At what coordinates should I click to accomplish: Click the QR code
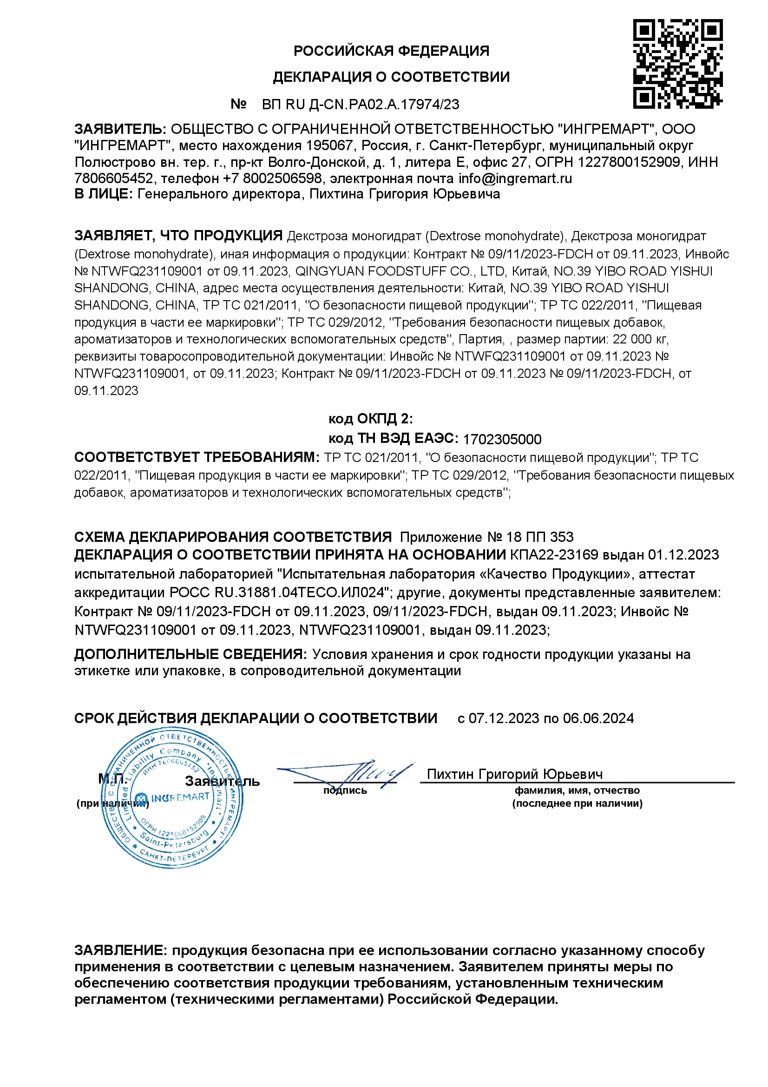677,64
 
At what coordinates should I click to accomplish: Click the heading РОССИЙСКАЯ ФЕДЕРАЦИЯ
391,51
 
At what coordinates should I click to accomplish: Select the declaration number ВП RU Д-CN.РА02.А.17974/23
361,104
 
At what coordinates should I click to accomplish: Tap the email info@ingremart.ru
515,178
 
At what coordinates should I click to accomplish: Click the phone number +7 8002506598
272,178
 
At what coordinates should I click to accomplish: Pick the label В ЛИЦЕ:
104,194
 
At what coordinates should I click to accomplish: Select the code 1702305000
502,439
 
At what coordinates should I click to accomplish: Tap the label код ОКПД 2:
370,419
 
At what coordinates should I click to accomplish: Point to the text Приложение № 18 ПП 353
486,537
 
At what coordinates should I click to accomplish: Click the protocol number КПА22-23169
554,555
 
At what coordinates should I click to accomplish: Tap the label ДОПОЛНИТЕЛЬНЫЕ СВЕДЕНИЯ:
190,654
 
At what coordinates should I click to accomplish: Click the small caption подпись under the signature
345,790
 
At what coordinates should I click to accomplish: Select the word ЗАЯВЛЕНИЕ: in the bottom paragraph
120,950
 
